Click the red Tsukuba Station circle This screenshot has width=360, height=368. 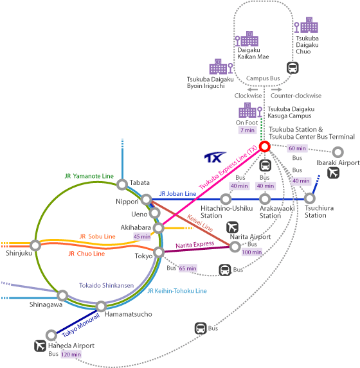(x=265, y=146)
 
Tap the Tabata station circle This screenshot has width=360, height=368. (x=122, y=184)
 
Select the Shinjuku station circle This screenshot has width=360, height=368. (x=35, y=245)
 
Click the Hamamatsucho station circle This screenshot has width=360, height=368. (x=102, y=306)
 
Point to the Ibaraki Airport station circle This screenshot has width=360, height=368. (x=338, y=152)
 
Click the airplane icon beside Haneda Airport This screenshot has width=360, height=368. (x=40, y=346)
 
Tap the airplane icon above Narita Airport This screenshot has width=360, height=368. (x=232, y=227)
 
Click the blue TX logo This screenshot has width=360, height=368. (x=215, y=157)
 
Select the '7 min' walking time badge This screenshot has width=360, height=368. (x=248, y=130)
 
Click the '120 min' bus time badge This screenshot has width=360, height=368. (x=71, y=355)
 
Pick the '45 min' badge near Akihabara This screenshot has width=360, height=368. (x=142, y=236)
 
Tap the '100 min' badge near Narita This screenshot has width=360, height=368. (x=252, y=252)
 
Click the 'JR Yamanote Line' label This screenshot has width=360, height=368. (x=89, y=176)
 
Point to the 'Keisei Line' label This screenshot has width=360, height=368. (x=200, y=223)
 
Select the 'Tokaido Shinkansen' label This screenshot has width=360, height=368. (x=106, y=285)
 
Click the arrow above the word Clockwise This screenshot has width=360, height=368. (x=253, y=90)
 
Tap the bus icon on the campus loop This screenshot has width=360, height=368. (x=292, y=68)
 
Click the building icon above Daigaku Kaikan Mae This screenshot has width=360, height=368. (x=249, y=39)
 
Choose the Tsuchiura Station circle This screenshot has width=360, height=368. (x=310, y=198)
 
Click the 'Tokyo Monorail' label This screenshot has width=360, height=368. (x=81, y=325)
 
